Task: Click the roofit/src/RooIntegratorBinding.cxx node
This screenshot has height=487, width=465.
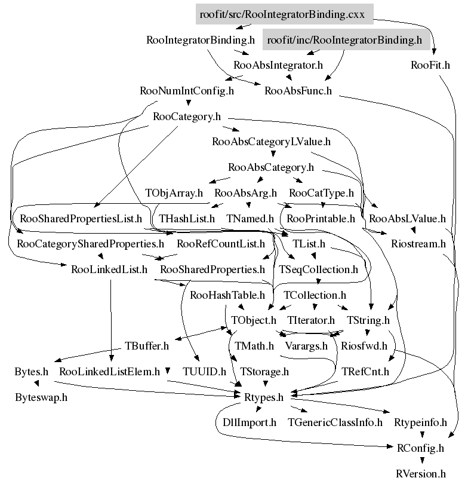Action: click(284, 14)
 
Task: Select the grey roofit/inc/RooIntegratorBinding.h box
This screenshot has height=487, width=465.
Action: click(345, 40)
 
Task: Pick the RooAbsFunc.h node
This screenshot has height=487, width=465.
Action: click(298, 91)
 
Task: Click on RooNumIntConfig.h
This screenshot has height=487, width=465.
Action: click(187, 91)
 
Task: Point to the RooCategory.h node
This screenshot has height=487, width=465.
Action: click(187, 117)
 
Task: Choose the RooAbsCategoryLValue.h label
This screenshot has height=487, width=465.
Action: click(271, 142)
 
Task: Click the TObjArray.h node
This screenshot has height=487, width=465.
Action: click(174, 193)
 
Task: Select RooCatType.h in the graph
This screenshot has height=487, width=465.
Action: click(322, 193)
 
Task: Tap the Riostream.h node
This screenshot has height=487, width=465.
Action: click(418, 244)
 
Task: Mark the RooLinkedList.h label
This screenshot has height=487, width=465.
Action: click(109, 269)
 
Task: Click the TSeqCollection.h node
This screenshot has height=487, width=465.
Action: click(319, 269)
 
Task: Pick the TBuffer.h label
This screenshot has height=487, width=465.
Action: click(147, 346)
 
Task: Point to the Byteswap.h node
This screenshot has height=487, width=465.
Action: click(41, 397)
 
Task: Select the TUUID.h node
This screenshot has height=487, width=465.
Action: click(204, 372)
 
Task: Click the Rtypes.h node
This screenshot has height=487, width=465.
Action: click(263, 397)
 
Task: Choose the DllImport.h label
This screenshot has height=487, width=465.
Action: click(245, 422)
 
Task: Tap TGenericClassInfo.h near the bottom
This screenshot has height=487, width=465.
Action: click(335, 422)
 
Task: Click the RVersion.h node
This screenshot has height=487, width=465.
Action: click(421, 474)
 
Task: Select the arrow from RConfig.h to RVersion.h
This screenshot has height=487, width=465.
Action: click(421, 460)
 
